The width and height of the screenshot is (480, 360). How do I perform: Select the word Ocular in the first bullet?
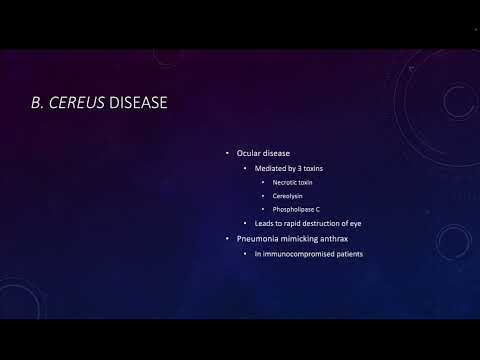click(249, 153)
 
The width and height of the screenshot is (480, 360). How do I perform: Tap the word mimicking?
click(303, 238)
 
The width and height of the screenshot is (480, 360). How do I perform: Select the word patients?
click(348, 253)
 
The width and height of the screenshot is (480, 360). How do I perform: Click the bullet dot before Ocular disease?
click(227, 153)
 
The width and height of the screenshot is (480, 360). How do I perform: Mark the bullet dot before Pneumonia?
click(227, 238)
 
